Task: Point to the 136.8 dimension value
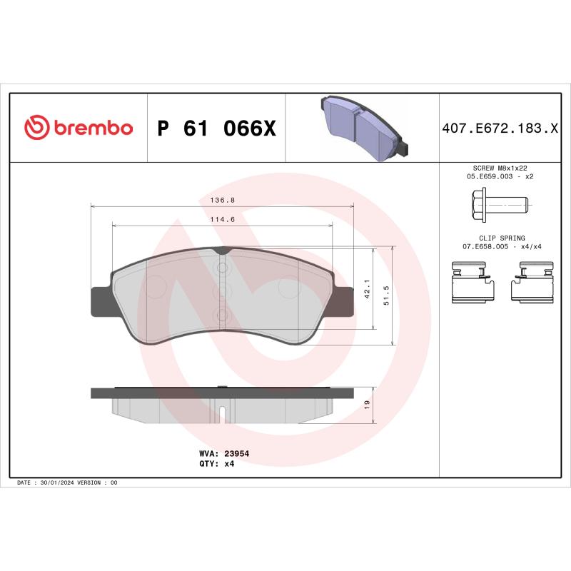click(222, 201)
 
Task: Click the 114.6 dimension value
click(222, 220)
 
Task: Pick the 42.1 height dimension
click(367, 288)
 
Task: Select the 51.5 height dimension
click(386, 295)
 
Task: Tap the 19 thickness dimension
click(367, 404)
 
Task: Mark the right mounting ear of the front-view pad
click(345, 301)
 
